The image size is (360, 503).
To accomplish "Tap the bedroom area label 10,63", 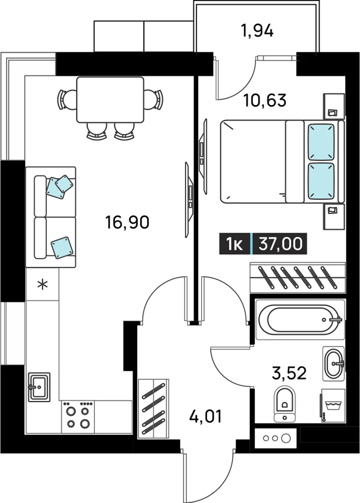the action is [265, 100].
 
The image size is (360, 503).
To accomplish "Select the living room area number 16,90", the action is [127, 222].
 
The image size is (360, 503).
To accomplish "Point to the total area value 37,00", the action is [281, 244].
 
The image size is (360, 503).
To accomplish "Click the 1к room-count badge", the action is [234, 244].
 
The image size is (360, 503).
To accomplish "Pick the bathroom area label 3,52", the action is [289, 373].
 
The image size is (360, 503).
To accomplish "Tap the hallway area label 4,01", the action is [206, 416].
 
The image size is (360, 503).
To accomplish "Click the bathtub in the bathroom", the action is [300, 319].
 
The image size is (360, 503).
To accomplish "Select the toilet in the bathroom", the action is [285, 403].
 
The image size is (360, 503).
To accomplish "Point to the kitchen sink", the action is [39, 387].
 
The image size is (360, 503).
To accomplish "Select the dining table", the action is [110, 100].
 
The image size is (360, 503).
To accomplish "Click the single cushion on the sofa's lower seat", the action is [62, 247].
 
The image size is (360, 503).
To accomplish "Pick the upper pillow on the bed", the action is [321, 142].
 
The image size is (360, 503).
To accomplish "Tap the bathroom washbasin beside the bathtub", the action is [334, 363].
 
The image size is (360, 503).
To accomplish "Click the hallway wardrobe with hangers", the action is [153, 408].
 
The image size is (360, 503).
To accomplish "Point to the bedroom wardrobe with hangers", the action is [298, 277].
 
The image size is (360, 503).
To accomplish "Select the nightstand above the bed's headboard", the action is [334, 105].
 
